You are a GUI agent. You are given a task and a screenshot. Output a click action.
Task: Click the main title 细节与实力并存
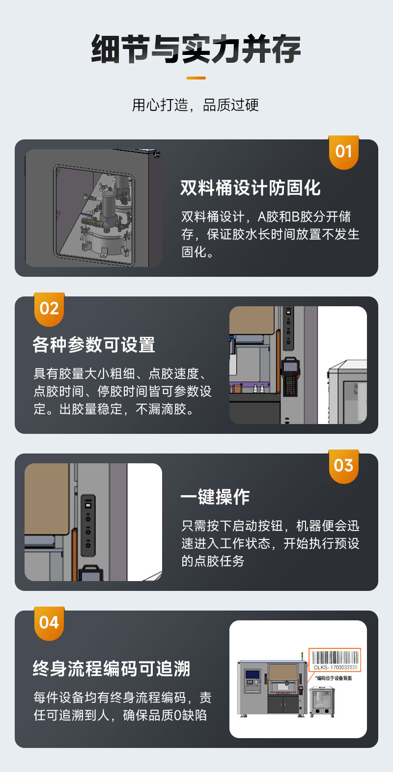(x=196, y=50)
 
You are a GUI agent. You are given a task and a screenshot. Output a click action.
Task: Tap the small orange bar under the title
(x=196, y=78)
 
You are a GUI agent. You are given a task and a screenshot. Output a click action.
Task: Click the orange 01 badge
(x=343, y=152)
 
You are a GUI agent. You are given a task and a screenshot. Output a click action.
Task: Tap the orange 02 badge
(x=49, y=309)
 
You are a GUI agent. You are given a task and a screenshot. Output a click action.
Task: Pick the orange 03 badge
(x=343, y=466)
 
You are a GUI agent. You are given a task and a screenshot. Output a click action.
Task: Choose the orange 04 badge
(x=49, y=623)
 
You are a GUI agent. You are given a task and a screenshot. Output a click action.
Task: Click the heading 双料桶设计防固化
(x=250, y=188)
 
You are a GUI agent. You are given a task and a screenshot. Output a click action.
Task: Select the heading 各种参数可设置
(x=94, y=345)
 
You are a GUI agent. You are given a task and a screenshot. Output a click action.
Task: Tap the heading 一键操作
(x=215, y=497)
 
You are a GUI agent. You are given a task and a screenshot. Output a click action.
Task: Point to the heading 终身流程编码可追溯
(x=111, y=669)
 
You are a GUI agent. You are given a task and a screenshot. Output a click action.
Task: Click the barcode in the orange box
(x=335, y=658)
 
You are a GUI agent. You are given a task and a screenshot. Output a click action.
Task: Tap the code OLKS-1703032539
(x=336, y=667)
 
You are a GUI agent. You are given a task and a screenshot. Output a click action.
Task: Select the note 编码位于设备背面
(x=334, y=678)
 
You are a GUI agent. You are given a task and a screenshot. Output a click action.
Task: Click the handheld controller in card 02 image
(x=290, y=375)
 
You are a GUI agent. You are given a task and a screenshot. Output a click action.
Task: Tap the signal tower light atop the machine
(x=303, y=656)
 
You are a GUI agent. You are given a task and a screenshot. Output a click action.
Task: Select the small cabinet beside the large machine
(x=322, y=701)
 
